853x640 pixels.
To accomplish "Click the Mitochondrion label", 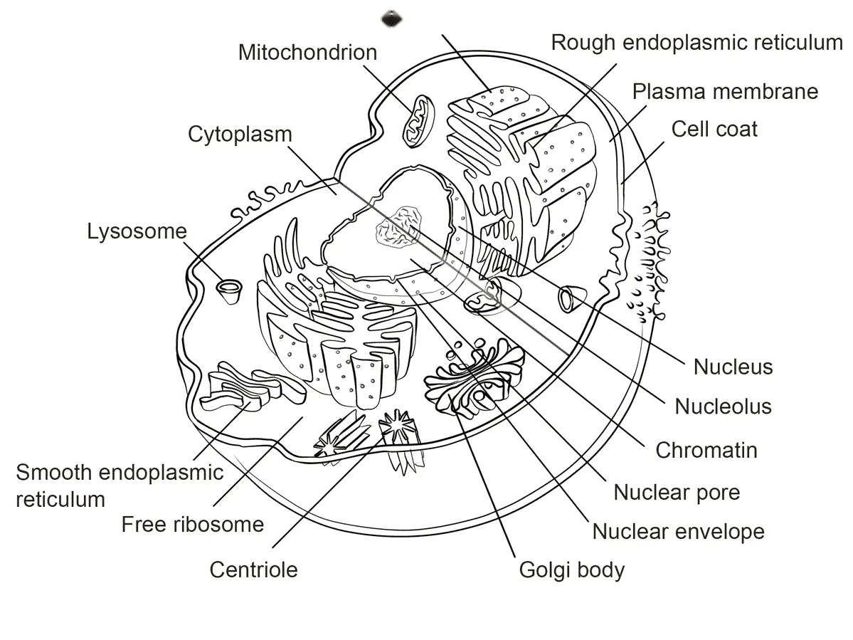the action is pos(307,52).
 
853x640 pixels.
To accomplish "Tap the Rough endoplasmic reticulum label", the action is pos(697,43).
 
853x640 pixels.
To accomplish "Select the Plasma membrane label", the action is pos(725,91).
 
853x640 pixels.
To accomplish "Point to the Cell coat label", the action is pos(714,129).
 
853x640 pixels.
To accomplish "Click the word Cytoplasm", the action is pos(240,135).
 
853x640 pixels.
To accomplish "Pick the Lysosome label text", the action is pos(137,231).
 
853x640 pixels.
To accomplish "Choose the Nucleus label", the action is pos(733,367).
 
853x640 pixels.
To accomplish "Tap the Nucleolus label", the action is pos(723,406).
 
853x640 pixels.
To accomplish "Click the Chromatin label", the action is pos(706,450).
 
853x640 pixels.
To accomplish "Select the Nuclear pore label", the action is pos(677,493).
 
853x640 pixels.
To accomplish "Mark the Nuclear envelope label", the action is pos(679,532).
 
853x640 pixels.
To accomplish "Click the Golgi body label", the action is pos(572,570).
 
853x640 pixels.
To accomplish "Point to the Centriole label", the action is pos(253,570).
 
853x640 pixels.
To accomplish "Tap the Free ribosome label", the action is pos(193,525).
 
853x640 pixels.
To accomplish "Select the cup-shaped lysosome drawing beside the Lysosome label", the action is pos(230,292).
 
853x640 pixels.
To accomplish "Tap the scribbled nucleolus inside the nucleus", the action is pos(399,228).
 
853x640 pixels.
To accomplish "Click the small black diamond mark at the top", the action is pos(392,19).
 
